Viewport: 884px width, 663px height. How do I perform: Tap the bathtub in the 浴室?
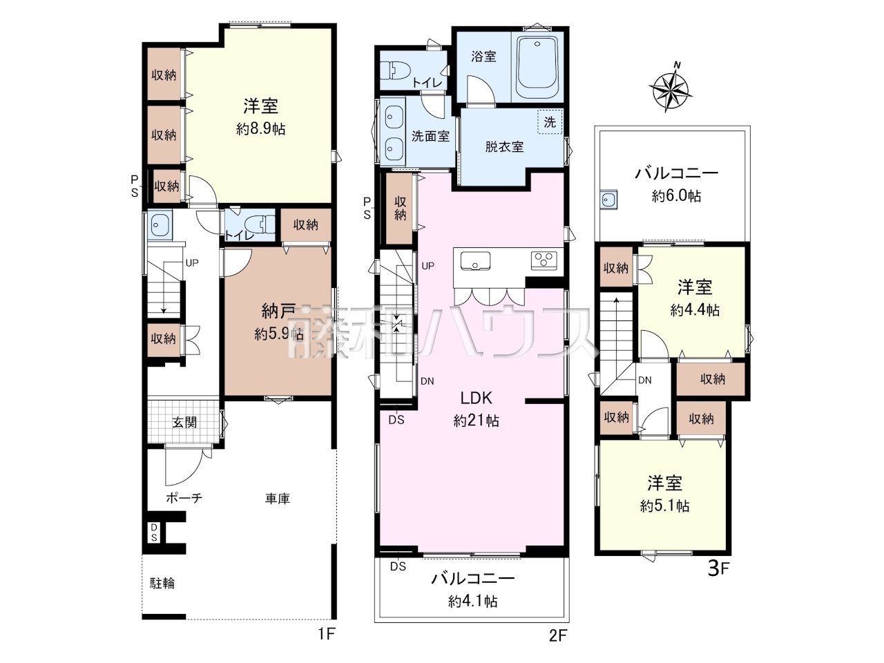pos(537,67)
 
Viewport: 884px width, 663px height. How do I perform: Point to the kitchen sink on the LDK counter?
pos(475,261)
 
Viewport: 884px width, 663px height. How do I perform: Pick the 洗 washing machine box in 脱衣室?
pos(550,122)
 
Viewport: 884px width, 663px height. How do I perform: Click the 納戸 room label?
pos(278,311)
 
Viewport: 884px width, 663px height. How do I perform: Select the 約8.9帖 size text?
pos(260,129)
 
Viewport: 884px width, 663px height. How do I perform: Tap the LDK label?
pos(476,398)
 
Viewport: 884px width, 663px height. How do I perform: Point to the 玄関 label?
pos(184,422)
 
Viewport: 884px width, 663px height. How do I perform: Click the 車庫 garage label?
pos(278,499)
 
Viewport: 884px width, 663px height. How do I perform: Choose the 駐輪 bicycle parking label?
pos(162,583)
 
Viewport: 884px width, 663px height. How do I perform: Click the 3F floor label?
pos(719,568)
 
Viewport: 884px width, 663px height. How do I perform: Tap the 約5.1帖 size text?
pos(665,506)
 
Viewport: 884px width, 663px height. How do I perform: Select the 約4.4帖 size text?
pos(695,310)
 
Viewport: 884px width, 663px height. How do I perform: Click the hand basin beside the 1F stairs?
pos(160,226)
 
